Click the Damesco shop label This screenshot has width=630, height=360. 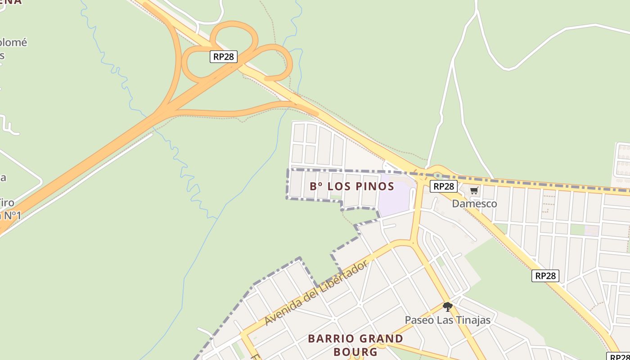click(x=474, y=204)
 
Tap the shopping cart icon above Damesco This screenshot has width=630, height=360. click(x=474, y=191)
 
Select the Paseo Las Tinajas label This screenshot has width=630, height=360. click(x=447, y=320)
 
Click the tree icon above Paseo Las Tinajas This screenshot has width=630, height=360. click(x=447, y=307)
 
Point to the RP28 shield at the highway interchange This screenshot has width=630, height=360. click(x=224, y=57)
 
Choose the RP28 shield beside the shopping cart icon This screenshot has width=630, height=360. click(x=443, y=186)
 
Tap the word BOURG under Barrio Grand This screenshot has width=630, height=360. click(x=355, y=351)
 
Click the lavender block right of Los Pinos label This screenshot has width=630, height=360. click(x=395, y=200)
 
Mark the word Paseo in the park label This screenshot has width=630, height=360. click(x=419, y=320)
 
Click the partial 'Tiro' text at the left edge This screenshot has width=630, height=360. click(x=7, y=203)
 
